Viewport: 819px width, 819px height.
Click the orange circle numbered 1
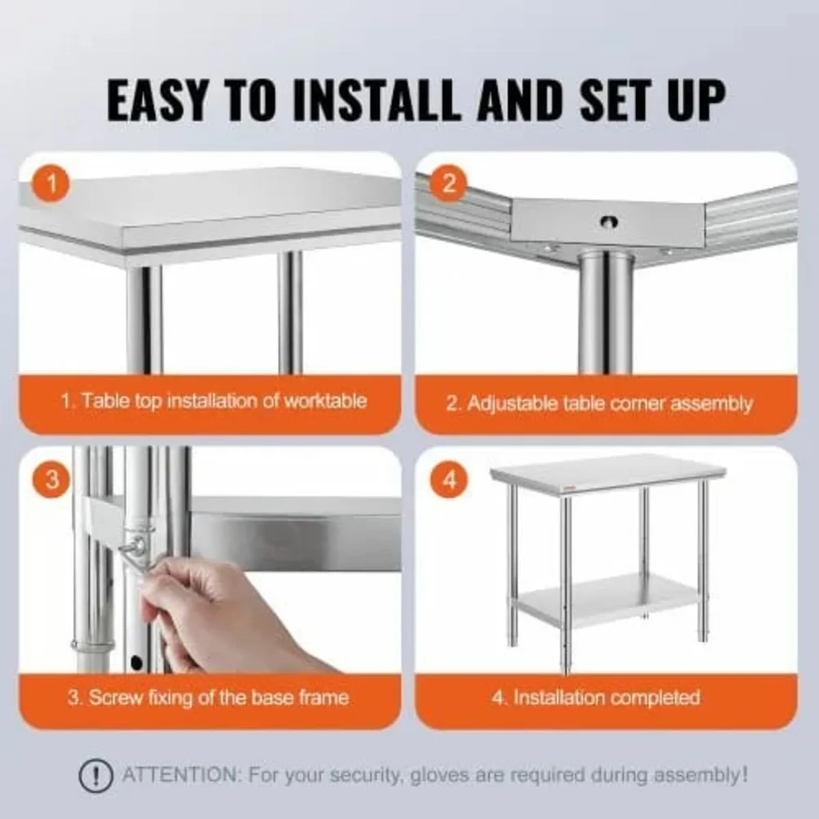pos(52,184)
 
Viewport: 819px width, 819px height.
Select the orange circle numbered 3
pos(52,480)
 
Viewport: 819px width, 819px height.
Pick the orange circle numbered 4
pos(449,480)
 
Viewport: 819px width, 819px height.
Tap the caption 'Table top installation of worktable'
pos(214,401)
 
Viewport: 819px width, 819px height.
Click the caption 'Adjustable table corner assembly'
pos(599,403)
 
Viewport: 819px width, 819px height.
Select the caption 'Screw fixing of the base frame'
pos(208,698)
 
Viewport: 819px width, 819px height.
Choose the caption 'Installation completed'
pos(596,698)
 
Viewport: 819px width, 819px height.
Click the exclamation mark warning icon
pos(96,776)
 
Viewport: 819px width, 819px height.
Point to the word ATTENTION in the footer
pos(179,775)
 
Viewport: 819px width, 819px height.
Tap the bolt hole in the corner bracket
pos(607,221)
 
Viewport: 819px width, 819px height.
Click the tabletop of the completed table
pos(607,471)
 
